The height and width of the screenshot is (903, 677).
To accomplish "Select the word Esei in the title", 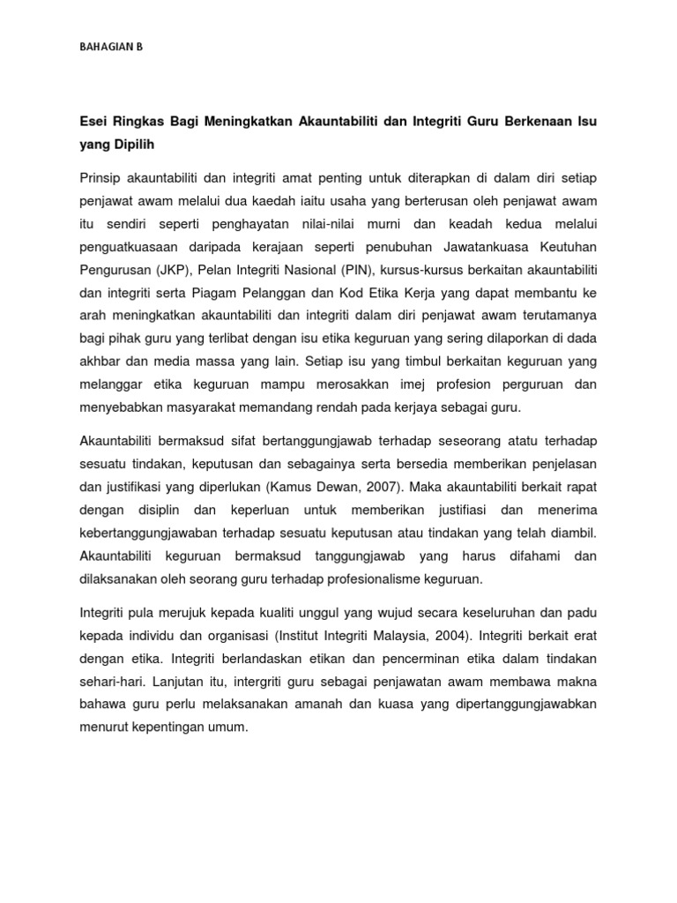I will pyautogui.click(x=95, y=119).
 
